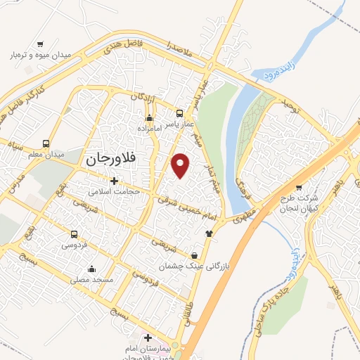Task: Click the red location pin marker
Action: [x=181, y=165]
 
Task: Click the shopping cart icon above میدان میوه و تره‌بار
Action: [x=40, y=43]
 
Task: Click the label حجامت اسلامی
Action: [x=115, y=191]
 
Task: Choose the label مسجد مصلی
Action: [x=90, y=278]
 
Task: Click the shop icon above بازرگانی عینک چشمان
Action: [x=194, y=255]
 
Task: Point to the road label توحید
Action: [x=290, y=108]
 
